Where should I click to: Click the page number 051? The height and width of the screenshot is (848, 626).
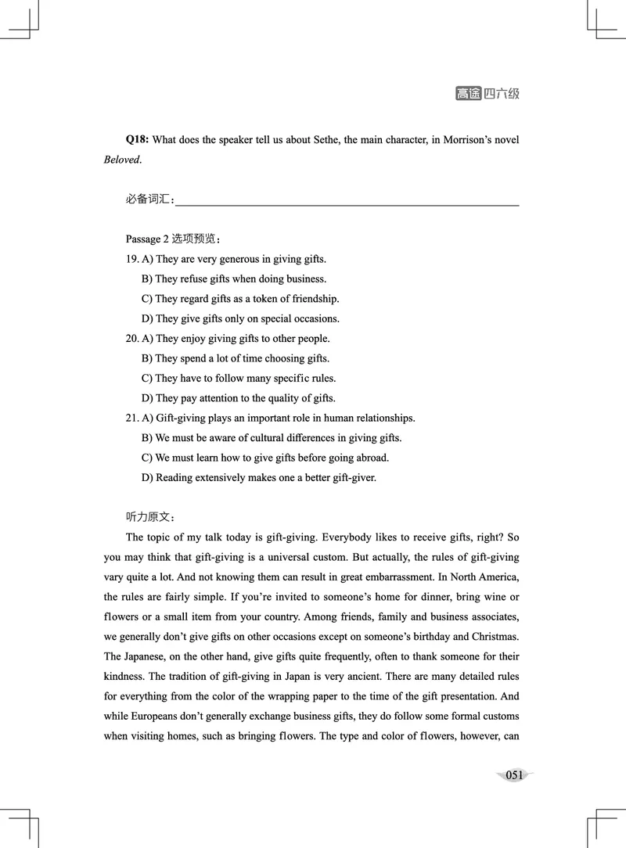pyautogui.click(x=514, y=775)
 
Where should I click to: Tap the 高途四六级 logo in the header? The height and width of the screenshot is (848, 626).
pyautogui.click(x=487, y=94)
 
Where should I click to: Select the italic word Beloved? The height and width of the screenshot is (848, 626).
pyautogui.click(x=122, y=160)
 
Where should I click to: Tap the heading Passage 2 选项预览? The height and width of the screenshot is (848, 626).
pyautogui.click(x=173, y=239)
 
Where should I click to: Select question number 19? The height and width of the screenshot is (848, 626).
pyautogui.click(x=131, y=259)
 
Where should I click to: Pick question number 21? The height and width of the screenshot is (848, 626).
pyautogui.click(x=131, y=419)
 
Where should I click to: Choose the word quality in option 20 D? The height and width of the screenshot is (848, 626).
pyautogui.click(x=285, y=398)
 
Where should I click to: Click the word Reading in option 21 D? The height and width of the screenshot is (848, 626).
pyautogui.click(x=174, y=477)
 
